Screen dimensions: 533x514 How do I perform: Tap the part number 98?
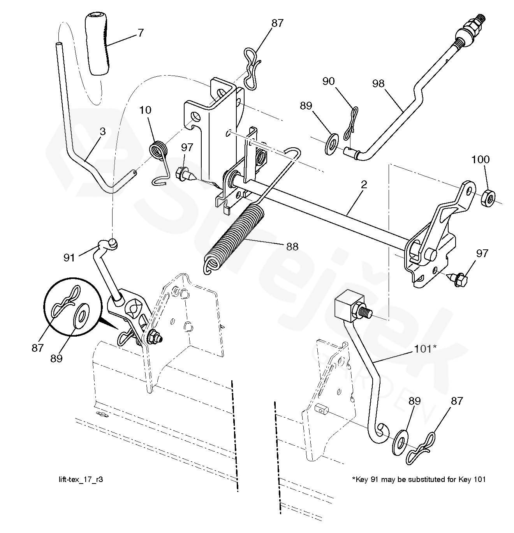tap(378, 83)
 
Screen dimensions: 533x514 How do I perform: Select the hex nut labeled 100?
tap(487, 198)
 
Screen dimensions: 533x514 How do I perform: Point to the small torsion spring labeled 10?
tap(159, 150)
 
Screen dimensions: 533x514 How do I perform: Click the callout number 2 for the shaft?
tap(364, 185)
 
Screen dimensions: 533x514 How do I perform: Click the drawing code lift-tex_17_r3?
tap(80, 479)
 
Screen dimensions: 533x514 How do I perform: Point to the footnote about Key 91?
tap(419, 479)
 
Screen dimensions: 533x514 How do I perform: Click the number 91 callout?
tap(69, 258)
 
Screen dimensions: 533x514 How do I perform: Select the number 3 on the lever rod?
tap(102, 131)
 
